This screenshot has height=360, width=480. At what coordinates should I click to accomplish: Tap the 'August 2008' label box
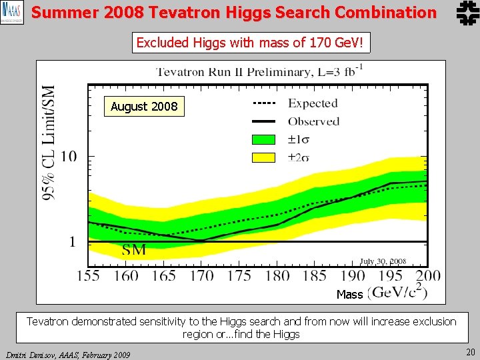pyautogui.click(x=144, y=107)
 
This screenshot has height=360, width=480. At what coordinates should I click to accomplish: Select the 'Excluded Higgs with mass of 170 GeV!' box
pyautogui.click(x=250, y=43)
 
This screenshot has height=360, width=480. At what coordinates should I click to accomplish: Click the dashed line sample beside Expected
pyautogui.click(x=264, y=103)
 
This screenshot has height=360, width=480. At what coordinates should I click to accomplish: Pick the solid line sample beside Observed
pyautogui.click(x=264, y=121)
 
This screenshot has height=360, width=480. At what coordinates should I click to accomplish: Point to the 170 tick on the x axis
pyautogui.click(x=201, y=275)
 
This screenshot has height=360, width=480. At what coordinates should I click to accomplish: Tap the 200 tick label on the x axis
pyautogui.click(x=427, y=275)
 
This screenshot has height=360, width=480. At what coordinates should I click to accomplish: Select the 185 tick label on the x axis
pyautogui.click(x=314, y=275)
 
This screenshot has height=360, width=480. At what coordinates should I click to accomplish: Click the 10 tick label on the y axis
pyautogui.click(x=70, y=157)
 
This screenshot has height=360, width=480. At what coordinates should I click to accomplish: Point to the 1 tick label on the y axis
pyautogui.click(x=73, y=241)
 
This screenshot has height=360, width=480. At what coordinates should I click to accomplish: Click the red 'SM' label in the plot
pyautogui.click(x=134, y=251)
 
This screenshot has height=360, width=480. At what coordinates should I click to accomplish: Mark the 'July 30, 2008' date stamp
pyautogui.click(x=383, y=262)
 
